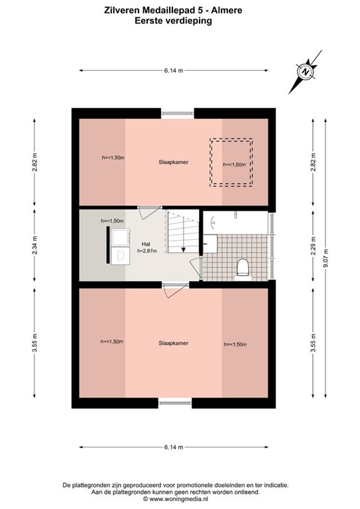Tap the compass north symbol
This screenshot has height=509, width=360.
pyautogui.click(x=306, y=72)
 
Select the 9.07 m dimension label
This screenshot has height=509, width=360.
pyautogui.click(x=326, y=258)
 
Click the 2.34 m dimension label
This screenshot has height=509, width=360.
pyautogui.click(x=34, y=245)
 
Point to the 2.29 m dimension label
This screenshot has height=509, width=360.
pyautogui.click(x=313, y=246)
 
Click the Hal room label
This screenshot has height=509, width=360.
pyautogui.click(x=146, y=244)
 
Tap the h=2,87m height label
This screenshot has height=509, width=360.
pyautogui.click(x=147, y=251)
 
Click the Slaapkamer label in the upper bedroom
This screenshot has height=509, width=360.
pyautogui.click(x=173, y=162)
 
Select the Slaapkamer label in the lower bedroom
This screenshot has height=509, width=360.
pyautogui.click(x=173, y=343)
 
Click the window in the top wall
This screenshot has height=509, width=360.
pyautogui.click(x=177, y=113)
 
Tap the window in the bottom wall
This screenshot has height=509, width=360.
pyautogui.click(x=175, y=403)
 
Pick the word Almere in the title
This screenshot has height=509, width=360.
pyautogui.click(x=227, y=11)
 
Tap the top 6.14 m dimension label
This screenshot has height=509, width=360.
pyautogui.click(x=174, y=70)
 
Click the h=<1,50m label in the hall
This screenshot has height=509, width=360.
pyautogui.click(x=112, y=221)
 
